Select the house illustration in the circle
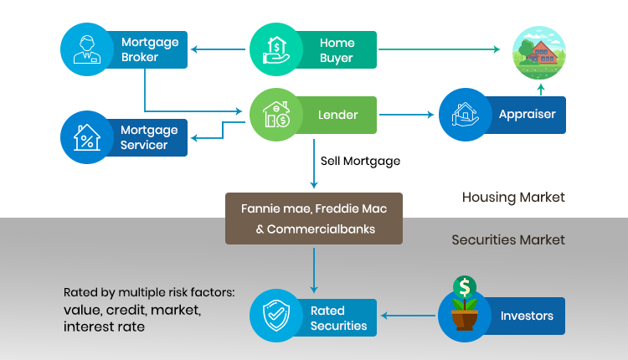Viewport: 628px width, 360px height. [539, 50]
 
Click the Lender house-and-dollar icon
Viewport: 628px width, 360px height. [276, 114]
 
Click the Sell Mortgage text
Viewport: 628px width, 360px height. [360, 160]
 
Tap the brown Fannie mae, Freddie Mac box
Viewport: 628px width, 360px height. [313, 219]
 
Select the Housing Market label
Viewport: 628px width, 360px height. [513, 198]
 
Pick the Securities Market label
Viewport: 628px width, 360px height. [508, 239]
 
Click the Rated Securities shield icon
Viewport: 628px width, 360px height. [276, 316]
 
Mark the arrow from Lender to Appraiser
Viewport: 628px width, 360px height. [408, 115]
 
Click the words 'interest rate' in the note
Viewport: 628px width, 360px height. [104, 327]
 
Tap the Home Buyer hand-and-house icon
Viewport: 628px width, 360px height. [276, 49]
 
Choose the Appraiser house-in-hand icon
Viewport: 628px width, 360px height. [465, 115]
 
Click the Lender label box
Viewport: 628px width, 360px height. [338, 115]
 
